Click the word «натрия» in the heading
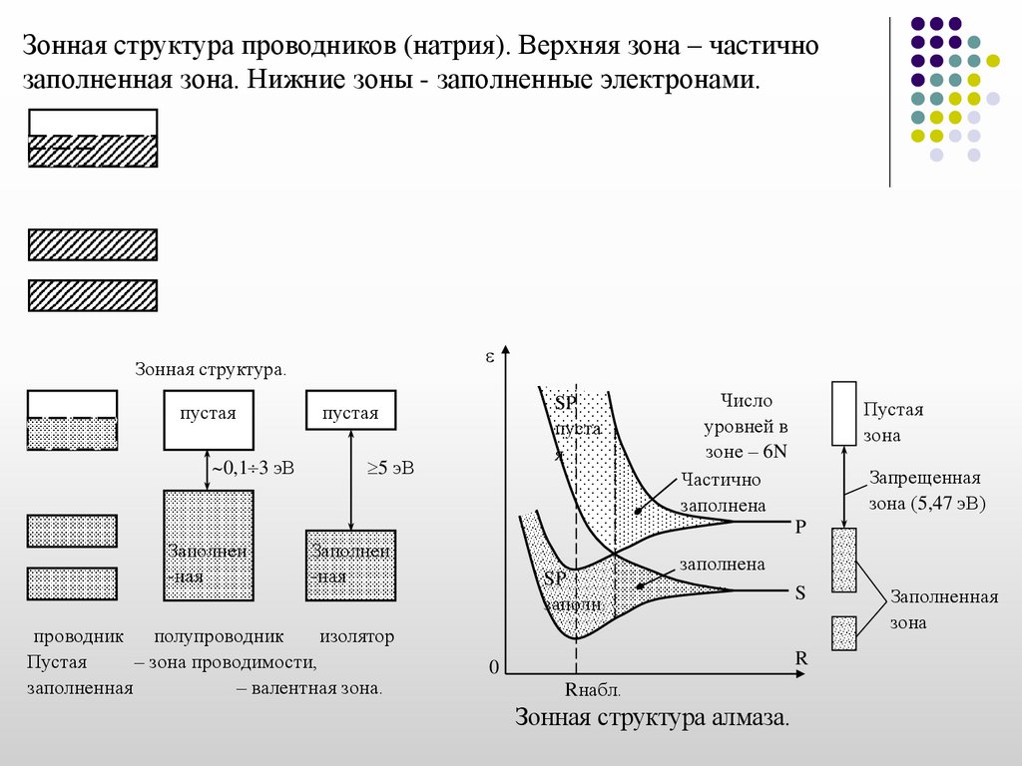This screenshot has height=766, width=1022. click(x=454, y=47)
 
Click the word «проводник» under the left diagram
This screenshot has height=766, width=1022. click(x=78, y=635)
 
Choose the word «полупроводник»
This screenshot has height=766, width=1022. click(x=220, y=635)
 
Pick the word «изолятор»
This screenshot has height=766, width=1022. click(x=357, y=635)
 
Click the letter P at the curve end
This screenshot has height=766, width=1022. click(x=799, y=526)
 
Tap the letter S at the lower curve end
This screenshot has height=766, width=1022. click(x=799, y=592)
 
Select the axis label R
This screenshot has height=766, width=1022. click(x=799, y=659)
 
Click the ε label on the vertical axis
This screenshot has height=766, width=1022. click(x=490, y=355)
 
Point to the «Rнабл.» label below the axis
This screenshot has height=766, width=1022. click(x=593, y=689)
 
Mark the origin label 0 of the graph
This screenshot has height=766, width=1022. click(x=492, y=667)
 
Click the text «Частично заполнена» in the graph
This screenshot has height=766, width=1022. click(x=723, y=492)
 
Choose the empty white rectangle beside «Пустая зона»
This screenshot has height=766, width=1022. click(x=844, y=413)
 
